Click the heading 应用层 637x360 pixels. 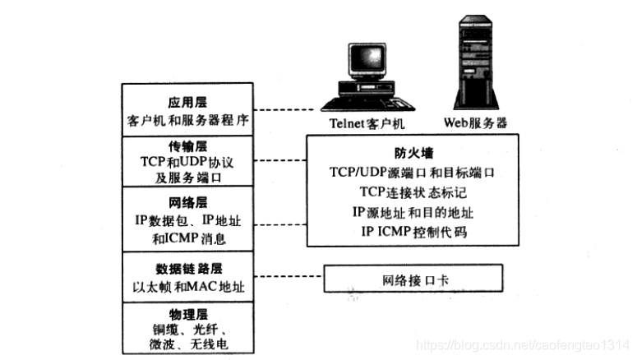pos(187,103)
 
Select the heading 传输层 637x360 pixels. pos(187,146)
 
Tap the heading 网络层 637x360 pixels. pos(188,202)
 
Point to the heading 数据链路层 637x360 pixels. pos(189,269)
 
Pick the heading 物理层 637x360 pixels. pos(188,314)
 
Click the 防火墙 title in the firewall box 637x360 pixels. pos(414,153)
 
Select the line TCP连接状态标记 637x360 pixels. pos(413,192)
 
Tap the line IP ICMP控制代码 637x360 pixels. pos(414,232)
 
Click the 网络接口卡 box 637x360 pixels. pos(413,279)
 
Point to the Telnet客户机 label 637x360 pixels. pos(367,123)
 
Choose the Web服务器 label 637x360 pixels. pos(475,122)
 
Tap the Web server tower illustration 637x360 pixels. pos(476,62)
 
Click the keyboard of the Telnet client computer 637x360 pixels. pos(367,104)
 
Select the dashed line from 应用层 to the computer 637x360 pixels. pos(284,109)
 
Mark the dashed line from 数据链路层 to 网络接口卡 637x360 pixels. pos(288,276)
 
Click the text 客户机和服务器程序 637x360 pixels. pos(187,120)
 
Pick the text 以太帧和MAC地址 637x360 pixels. pos(188,287)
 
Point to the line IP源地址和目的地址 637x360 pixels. pos(413,212)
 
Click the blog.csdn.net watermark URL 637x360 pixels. pos(523,345)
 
